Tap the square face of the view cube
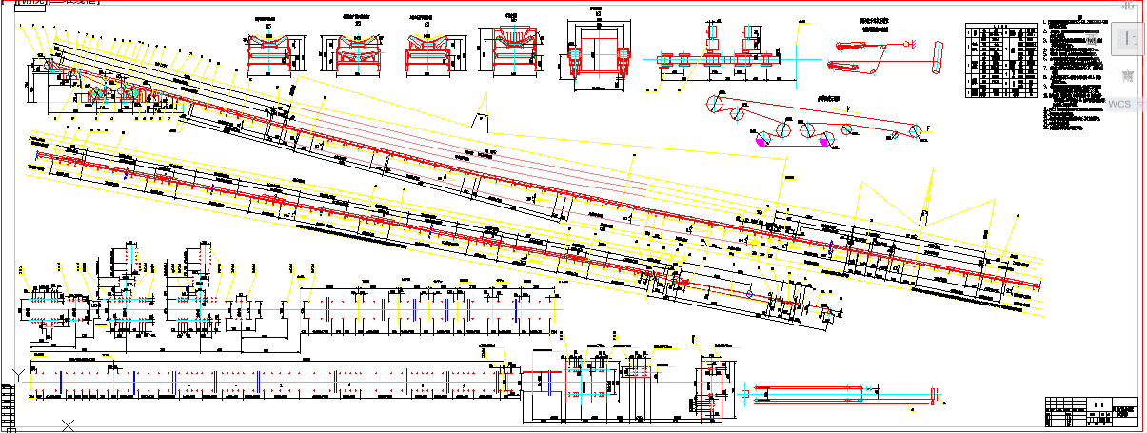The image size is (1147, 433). click(x=1127, y=38)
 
